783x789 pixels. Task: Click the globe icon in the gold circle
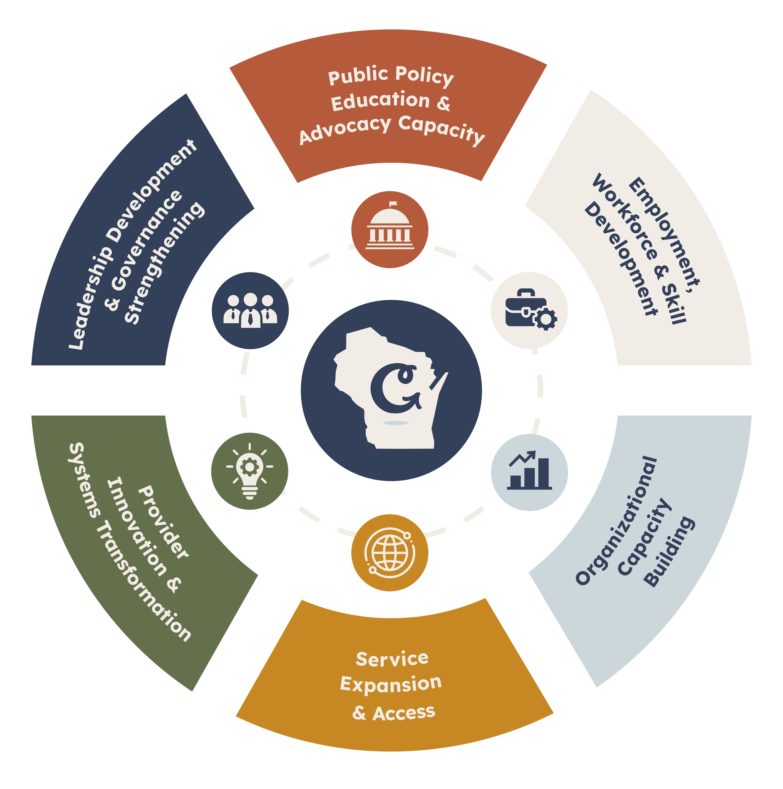coord(390,553)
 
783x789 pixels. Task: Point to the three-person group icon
coord(250,310)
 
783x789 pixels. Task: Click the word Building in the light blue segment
coord(670,552)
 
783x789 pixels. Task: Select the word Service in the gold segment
coord(392,659)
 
